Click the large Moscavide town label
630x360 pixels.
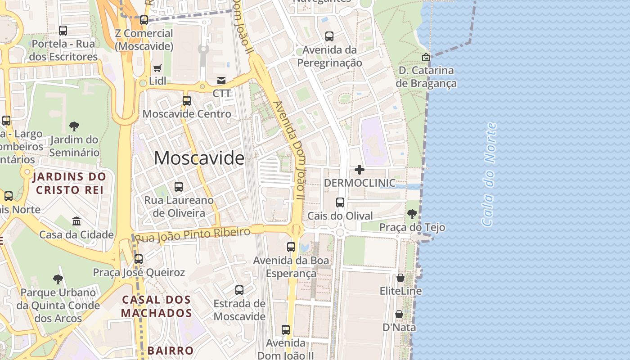click(x=199, y=158)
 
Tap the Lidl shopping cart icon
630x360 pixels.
click(x=157, y=68)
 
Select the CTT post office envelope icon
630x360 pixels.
click(x=221, y=81)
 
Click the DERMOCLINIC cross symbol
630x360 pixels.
click(x=360, y=170)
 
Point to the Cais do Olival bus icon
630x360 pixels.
click(x=340, y=202)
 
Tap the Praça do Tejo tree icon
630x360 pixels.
click(x=412, y=214)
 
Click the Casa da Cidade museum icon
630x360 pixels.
click(x=76, y=221)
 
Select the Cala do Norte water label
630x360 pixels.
click(x=489, y=175)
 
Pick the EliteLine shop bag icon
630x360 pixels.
click(x=400, y=278)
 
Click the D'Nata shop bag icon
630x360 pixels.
click(x=399, y=314)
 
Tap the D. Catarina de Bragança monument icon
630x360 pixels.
click(x=426, y=57)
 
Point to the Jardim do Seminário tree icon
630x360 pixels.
click(x=74, y=126)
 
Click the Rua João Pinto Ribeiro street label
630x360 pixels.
click(x=193, y=234)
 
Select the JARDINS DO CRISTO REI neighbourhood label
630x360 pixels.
click(x=70, y=183)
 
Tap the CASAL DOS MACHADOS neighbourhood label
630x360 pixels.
click(x=157, y=306)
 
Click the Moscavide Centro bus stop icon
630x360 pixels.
click(x=186, y=101)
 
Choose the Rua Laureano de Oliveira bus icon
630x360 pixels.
click(x=179, y=186)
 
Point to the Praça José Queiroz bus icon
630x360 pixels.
click(x=139, y=259)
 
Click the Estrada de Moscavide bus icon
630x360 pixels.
click(x=239, y=290)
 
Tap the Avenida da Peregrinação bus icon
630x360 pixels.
click(x=329, y=36)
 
